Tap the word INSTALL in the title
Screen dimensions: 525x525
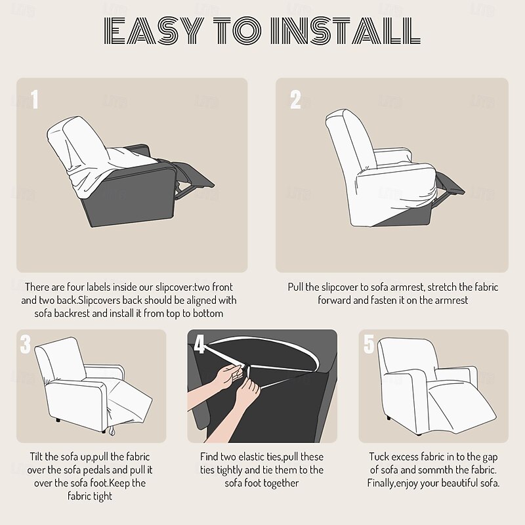click(x=345, y=31)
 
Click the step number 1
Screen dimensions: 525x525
click(x=35, y=100)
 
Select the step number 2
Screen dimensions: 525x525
click(x=295, y=100)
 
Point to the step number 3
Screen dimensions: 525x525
click(x=25, y=344)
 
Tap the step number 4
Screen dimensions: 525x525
click(x=199, y=344)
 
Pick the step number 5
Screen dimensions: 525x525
click(x=369, y=344)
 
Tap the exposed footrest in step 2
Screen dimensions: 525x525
click(x=450, y=184)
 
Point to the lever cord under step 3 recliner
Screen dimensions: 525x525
click(x=111, y=432)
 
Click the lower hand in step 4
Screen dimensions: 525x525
click(x=247, y=392)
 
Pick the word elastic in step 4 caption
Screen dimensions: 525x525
click(x=251, y=457)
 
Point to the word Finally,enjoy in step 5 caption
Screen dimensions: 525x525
click(x=392, y=484)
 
